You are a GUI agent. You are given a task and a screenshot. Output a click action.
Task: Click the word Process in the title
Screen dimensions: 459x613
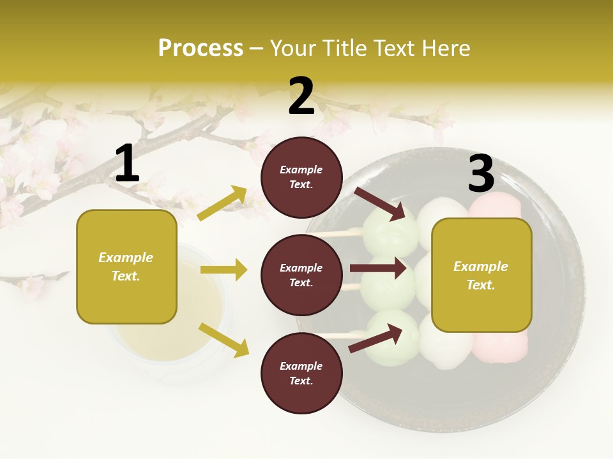[201, 48]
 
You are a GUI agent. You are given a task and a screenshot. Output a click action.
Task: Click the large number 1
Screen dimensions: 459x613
[127, 164]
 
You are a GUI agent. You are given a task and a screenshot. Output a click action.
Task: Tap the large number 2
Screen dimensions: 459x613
[301, 96]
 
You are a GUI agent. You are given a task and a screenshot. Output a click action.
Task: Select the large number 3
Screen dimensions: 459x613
[481, 173]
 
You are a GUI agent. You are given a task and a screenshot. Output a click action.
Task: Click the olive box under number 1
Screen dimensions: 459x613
[126, 266]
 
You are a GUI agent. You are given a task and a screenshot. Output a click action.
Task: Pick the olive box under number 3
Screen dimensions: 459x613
[481, 275]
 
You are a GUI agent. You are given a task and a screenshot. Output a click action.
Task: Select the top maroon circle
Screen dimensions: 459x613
[301, 177]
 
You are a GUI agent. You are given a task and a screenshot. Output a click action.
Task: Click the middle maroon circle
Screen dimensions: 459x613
[301, 275]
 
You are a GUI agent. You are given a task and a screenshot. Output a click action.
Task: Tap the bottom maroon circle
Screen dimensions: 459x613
[301, 373]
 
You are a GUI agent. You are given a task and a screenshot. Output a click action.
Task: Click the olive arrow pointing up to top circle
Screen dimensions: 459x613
[222, 203]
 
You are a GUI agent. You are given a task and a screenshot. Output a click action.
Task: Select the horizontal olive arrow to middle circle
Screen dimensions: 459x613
[223, 270]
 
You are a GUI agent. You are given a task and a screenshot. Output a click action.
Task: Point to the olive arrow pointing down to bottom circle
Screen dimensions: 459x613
[223, 339]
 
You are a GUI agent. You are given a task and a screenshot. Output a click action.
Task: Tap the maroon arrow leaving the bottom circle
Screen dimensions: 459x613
[375, 339]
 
